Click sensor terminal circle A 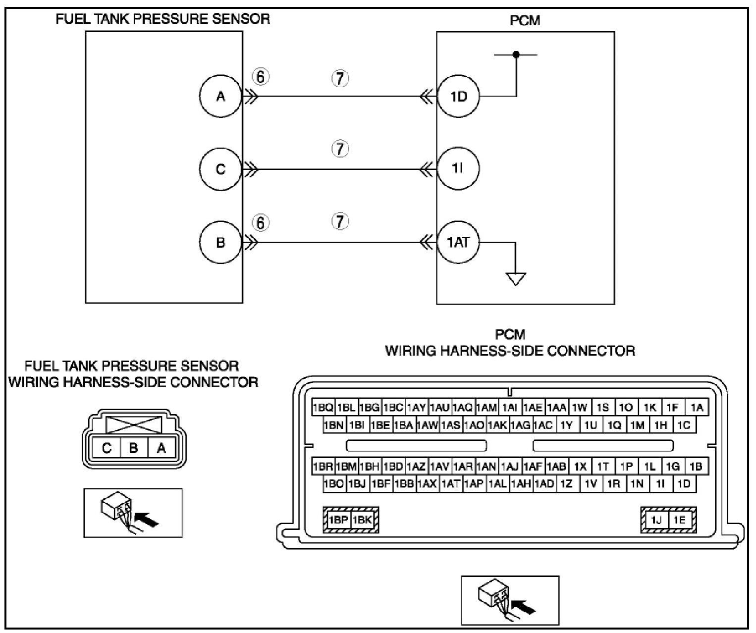click(220, 96)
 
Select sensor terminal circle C click(220, 169)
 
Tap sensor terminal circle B click(220, 243)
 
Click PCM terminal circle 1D click(458, 96)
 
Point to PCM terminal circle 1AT click(458, 243)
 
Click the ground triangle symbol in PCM click(516, 279)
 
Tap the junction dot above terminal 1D click(516, 54)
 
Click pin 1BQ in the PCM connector click(323, 408)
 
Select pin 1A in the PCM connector click(697, 408)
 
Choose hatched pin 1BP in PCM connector click(338, 520)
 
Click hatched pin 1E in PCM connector click(680, 520)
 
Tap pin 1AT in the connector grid click(451, 484)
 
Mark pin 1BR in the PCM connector click(323, 467)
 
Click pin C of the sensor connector click(107, 448)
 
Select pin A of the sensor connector click(161, 448)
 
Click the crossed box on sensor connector click(134, 425)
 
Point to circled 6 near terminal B click(261, 223)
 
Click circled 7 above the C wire click(340, 149)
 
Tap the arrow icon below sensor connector click(133, 513)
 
